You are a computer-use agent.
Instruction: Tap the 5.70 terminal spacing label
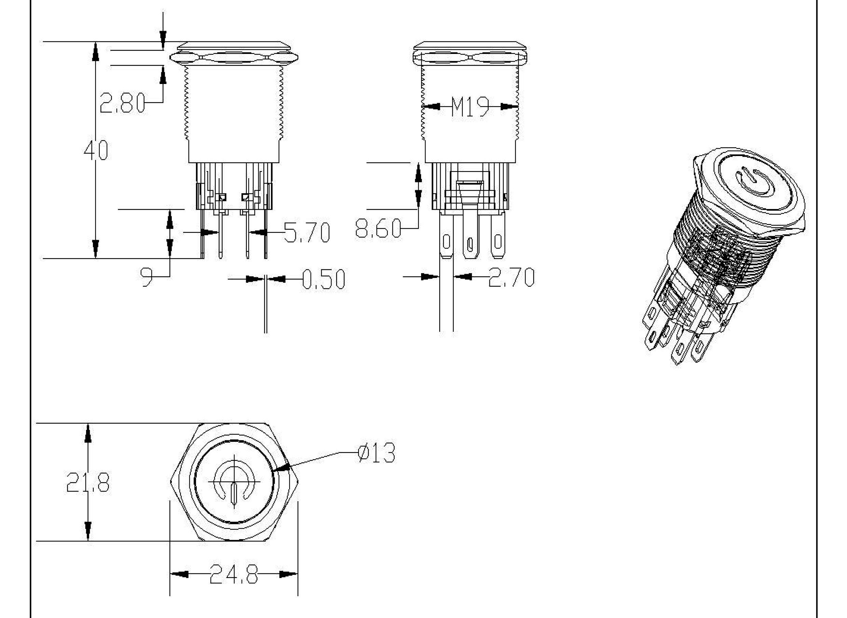pos(307,232)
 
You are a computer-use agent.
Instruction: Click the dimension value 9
pos(147,277)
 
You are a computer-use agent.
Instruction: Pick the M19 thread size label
pos(470,107)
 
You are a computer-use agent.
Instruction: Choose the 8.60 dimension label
pos(378,228)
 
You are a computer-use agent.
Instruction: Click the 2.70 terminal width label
pos(511,277)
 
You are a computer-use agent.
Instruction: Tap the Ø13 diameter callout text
pos(376,453)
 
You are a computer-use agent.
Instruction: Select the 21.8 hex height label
pos(88,482)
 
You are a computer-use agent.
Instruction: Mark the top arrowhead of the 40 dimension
pos(96,51)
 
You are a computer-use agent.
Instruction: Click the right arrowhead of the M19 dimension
pos(509,107)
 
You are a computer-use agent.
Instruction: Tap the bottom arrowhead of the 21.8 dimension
pos(88,532)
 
